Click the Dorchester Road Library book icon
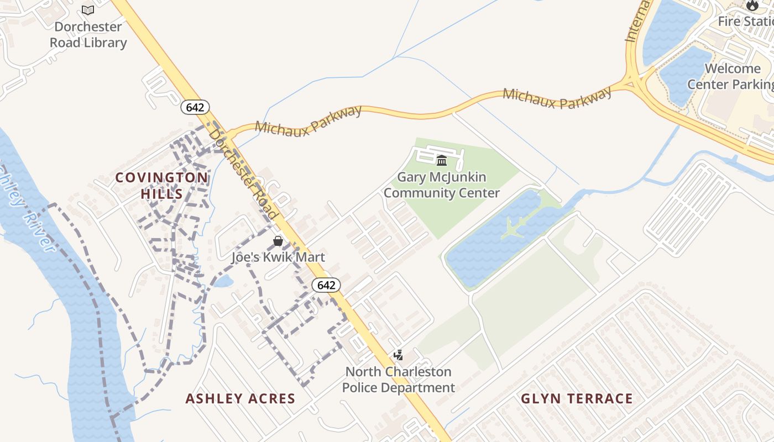[x=88, y=10]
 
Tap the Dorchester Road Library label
[x=88, y=34]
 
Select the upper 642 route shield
[x=195, y=107]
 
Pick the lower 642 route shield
[x=326, y=285]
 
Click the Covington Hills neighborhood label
[x=162, y=186]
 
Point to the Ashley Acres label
[x=240, y=398]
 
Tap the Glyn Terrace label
[x=577, y=398]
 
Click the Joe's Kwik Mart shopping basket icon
[x=278, y=241]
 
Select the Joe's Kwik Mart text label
[x=278, y=257]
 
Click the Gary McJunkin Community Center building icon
[x=442, y=161]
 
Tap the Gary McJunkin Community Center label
[x=442, y=185]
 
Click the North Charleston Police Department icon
[x=398, y=355]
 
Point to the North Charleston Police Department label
[x=398, y=380]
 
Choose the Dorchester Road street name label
[x=243, y=172]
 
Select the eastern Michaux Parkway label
[x=557, y=98]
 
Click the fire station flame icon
[x=752, y=6]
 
